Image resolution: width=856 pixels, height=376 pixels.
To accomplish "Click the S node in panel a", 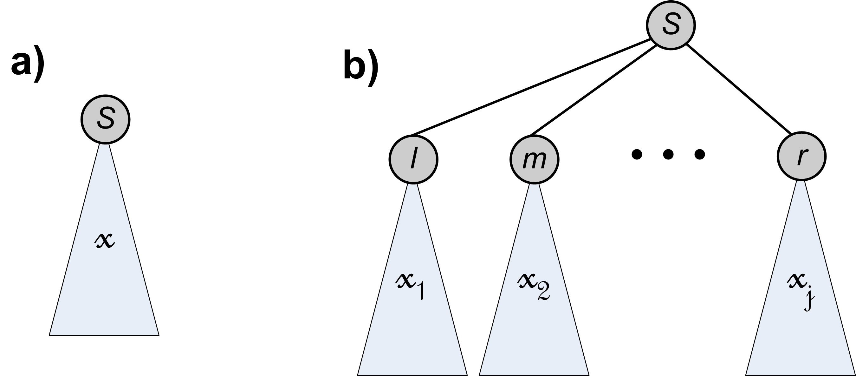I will pyautogui.click(x=105, y=119).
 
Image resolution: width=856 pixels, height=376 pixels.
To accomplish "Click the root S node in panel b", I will pyautogui.click(x=671, y=25).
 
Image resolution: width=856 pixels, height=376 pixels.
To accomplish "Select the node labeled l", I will pyautogui.click(x=413, y=159).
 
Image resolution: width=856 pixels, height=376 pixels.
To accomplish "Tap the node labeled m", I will pyautogui.click(x=534, y=159).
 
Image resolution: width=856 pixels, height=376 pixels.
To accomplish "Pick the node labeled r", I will pyautogui.click(x=801, y=156).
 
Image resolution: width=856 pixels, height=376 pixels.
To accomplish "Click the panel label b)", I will pyautogui.click(x=360, y=68).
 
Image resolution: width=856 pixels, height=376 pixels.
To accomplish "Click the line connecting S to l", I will pyautogui.click(x=532, y=87).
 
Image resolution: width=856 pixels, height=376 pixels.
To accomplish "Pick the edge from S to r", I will pyautogui.click(x=739, y=88).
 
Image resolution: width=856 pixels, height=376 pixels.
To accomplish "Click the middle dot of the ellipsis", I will pyautogui.click(x=668, y=154).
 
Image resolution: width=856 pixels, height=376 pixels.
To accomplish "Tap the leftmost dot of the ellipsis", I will pyautogui.click(x=636, y=154).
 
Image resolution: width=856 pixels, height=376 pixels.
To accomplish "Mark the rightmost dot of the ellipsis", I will pyautogui.click(x=699, y=154).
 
